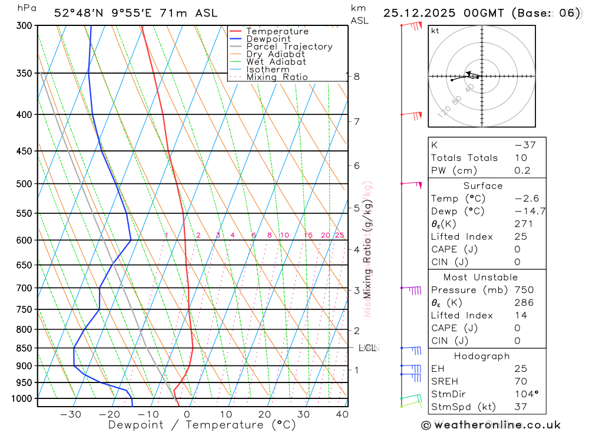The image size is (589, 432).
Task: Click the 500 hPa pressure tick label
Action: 25,184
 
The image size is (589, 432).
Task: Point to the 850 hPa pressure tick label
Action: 25,348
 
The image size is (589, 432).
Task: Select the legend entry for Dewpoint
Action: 268,39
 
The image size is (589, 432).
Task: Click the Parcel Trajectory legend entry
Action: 289,47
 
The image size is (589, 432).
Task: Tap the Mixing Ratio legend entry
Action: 277,77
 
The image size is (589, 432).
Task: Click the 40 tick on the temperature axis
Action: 342,414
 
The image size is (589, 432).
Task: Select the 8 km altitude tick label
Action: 356,77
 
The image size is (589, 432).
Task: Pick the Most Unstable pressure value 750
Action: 524,290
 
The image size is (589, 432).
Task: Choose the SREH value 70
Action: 520,381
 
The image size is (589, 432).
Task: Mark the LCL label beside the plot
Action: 368,348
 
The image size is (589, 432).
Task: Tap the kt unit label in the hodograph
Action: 435,31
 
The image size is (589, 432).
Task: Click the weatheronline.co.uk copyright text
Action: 491,425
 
